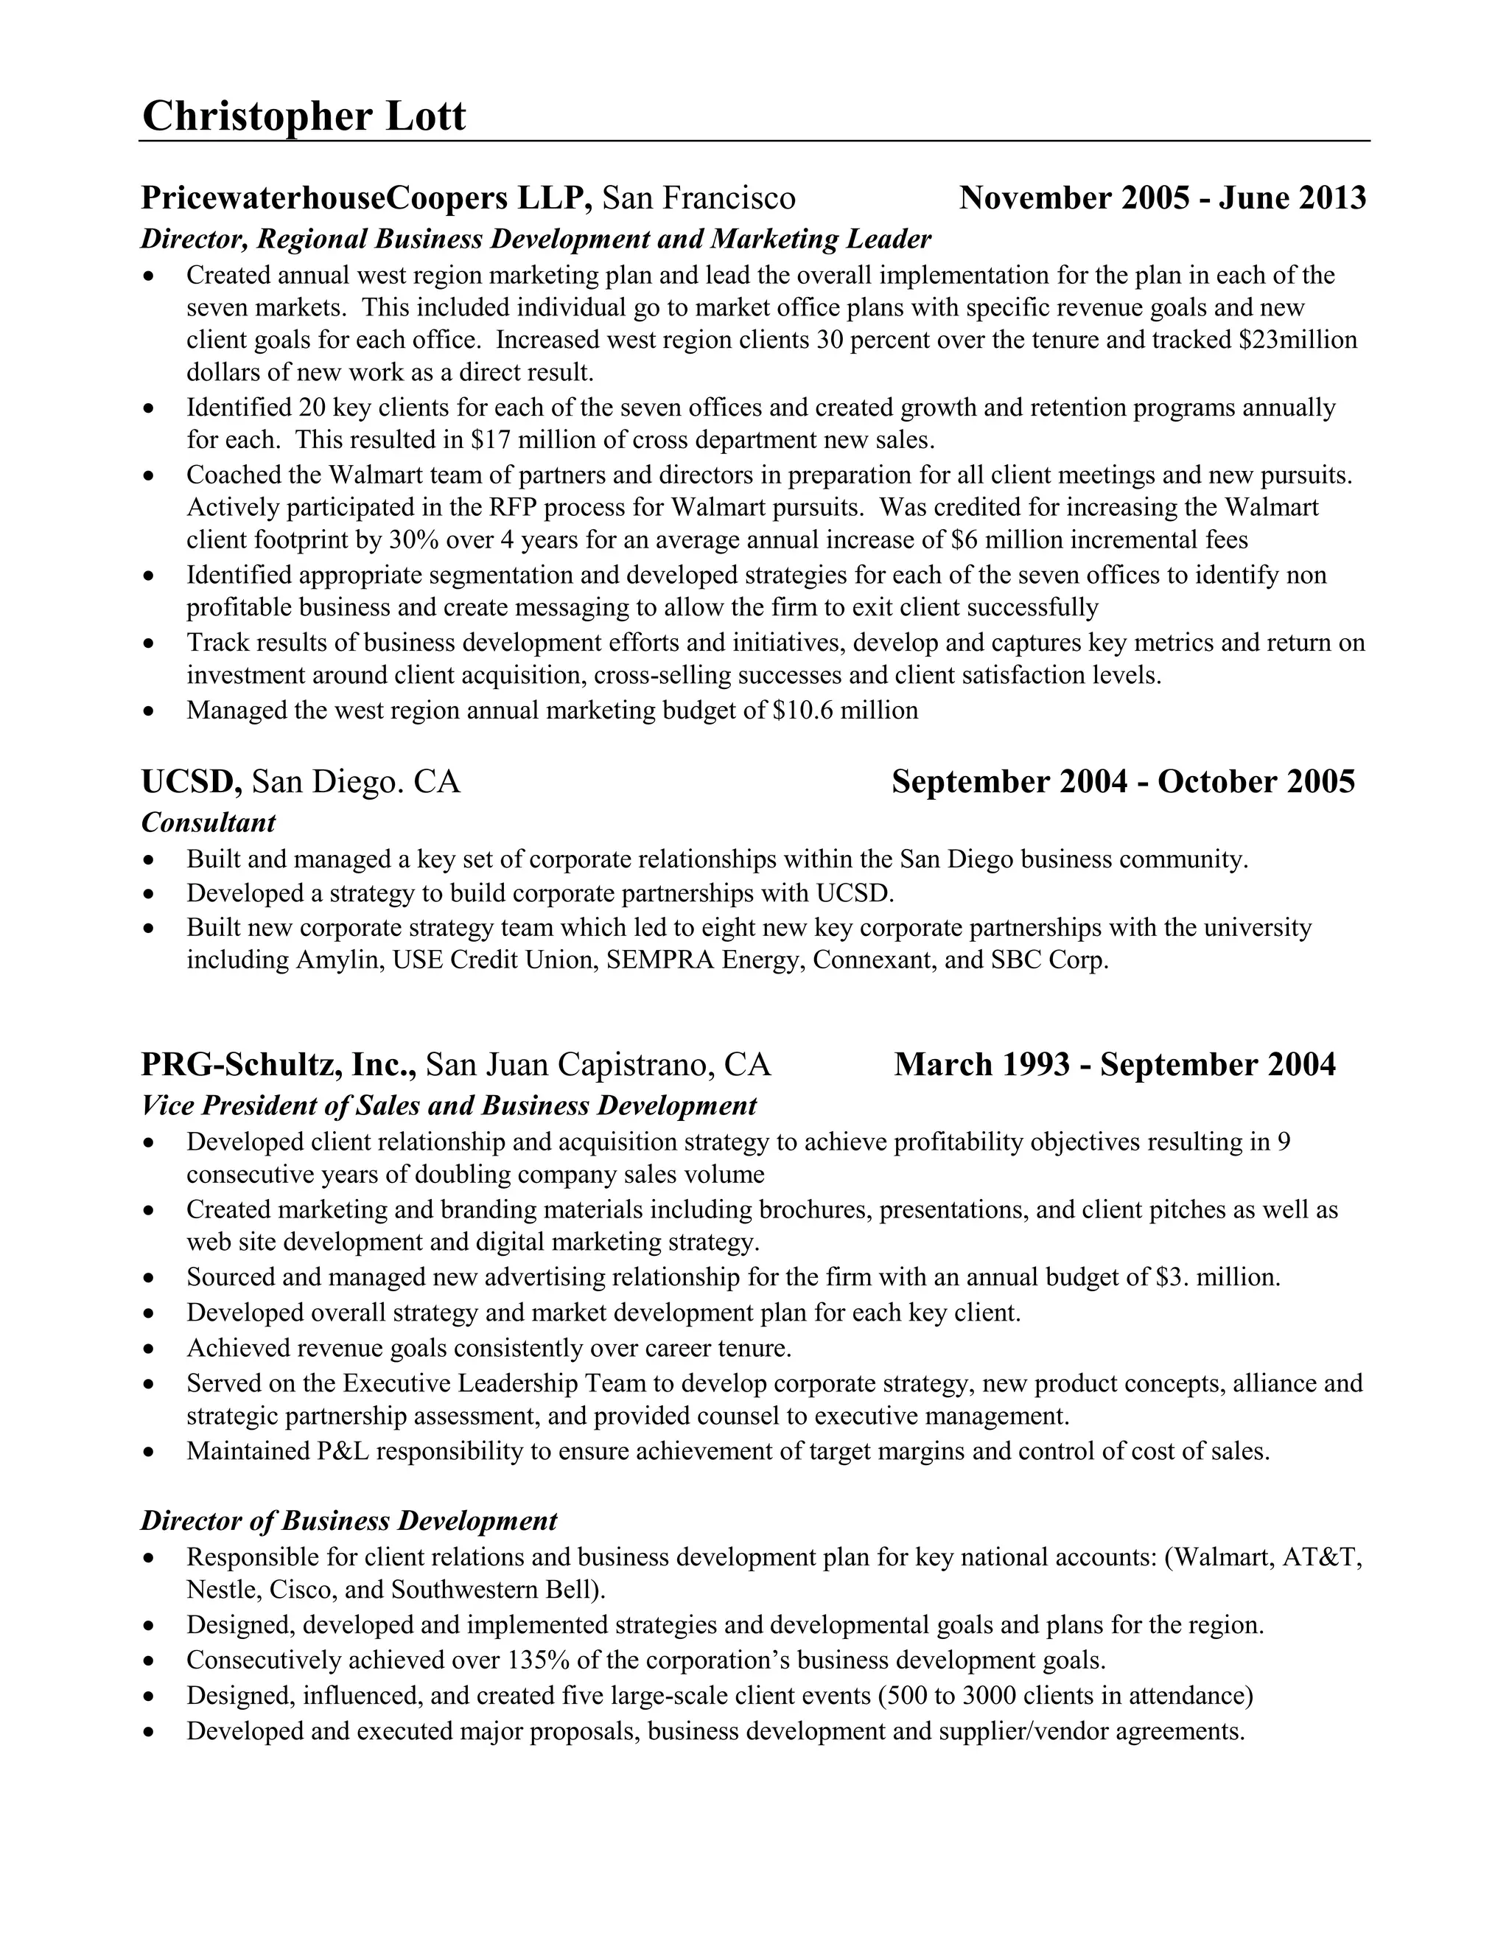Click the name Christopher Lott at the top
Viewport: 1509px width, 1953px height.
tap(304, 116)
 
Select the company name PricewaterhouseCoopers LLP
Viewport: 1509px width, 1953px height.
tap(366, 198)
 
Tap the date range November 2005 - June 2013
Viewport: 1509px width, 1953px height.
tap(1162, 198)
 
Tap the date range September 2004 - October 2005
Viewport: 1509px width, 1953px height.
tap(1123, 781)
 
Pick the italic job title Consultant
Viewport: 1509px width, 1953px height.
tap(209, 822)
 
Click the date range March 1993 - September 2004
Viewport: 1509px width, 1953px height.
tap(1115, 1064)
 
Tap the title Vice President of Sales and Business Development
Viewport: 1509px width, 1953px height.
tap(449, 1105)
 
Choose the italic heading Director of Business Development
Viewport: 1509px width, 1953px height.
tap(349, 1521)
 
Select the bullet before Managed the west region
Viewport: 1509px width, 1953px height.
tap(150, 712)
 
